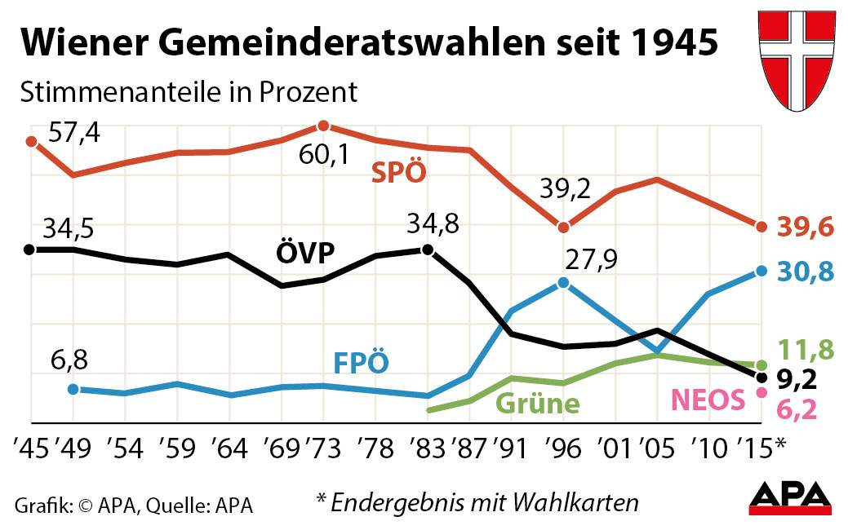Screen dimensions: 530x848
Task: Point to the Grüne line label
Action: (538, 404)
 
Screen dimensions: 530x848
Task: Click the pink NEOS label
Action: (708, 400)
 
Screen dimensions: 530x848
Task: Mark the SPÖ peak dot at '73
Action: (323, 126)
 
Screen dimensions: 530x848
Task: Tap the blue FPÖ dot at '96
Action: (563, 283)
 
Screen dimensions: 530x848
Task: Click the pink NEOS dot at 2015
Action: (761, 392)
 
